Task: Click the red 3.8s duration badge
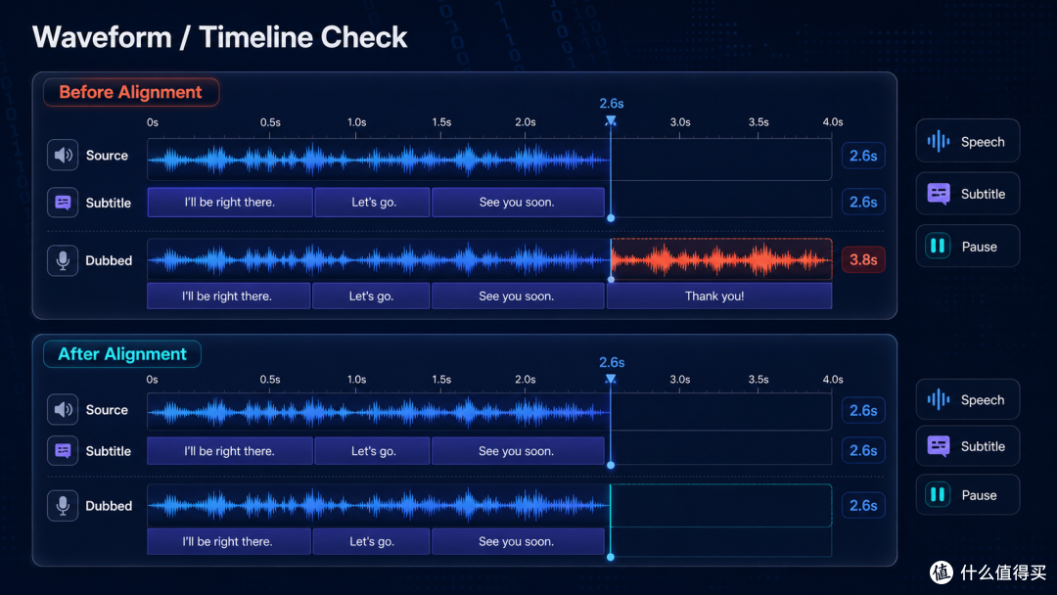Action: [863, 260]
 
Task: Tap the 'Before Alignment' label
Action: [131, 92]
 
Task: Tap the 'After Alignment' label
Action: [122, 353]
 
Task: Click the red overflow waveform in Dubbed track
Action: [721, 259]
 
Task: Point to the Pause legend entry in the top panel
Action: [967, 246]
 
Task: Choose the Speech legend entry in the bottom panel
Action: [967, 399]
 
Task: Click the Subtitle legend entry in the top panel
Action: [967, 194]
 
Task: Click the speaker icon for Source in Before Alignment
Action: [63, 155]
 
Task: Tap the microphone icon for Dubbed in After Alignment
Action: [63, 505]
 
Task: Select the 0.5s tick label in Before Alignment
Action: [270, 122]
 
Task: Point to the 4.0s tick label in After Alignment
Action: [833, 380]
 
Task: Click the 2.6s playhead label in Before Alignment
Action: [612, 103]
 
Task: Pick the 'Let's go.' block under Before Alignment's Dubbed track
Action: [371, 296]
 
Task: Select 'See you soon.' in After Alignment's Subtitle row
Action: [518, 451]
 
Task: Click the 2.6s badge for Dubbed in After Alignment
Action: [863, 505]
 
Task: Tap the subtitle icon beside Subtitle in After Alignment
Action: [63, 451]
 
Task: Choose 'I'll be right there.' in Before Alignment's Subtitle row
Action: [230, 203]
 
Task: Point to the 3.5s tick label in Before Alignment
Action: [758, 122]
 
